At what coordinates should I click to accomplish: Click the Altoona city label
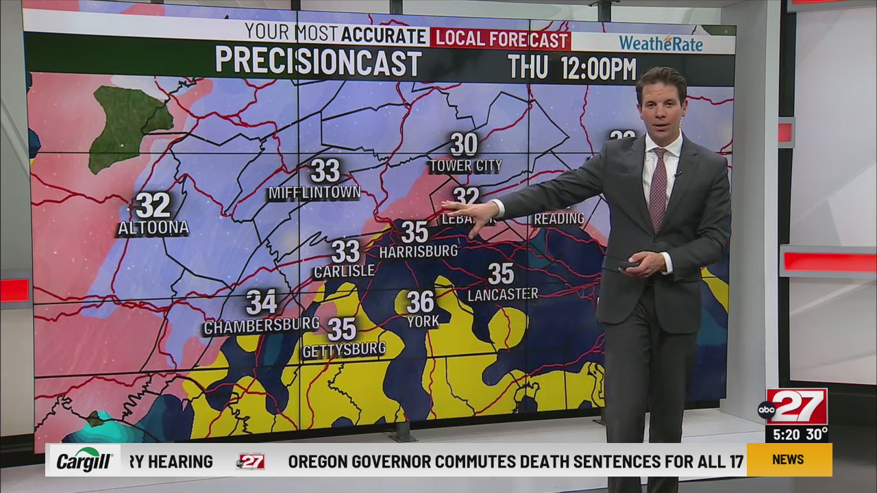(x=153, y=228)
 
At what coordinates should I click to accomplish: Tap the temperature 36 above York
(x=421, y=301)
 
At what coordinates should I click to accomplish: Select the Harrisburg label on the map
(x=418, y=251)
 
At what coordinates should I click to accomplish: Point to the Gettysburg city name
(x=344, y=349)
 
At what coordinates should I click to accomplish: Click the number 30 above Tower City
(x=464, y=144)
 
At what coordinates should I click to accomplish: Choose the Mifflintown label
(x=314, y=193)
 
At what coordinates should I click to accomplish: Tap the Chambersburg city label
(x=261, y=325)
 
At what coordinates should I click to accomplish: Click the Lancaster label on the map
(x=502, y=294)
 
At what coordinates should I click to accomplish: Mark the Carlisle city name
(x=344, y=271)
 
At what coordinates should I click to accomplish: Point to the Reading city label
(x=558, y=218)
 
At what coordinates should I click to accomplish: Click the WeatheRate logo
(x=660, y=43)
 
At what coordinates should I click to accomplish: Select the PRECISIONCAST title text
(x=318, y=62)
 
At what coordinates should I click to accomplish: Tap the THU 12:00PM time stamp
(x=571, y=68)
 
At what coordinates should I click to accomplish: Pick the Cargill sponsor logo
(x=84, y=460)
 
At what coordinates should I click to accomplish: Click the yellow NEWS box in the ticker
(x=788, y=459)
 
